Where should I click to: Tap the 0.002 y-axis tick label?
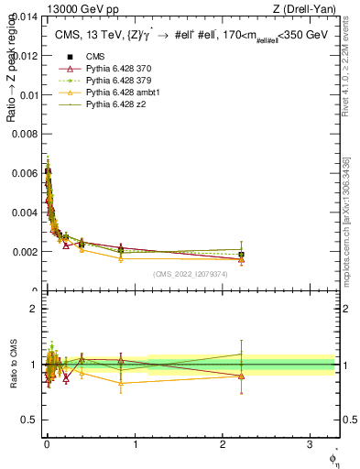(x=26, y=251)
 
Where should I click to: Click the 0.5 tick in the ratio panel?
(x=31, y=420)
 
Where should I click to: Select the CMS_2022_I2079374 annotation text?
(x=191, y=273)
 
